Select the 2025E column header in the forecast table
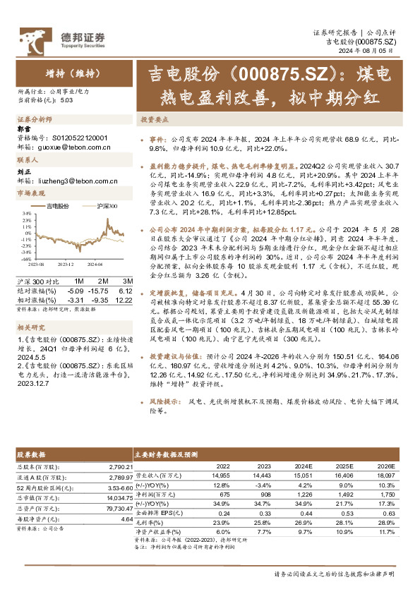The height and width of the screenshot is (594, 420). [x=344, y=466]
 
